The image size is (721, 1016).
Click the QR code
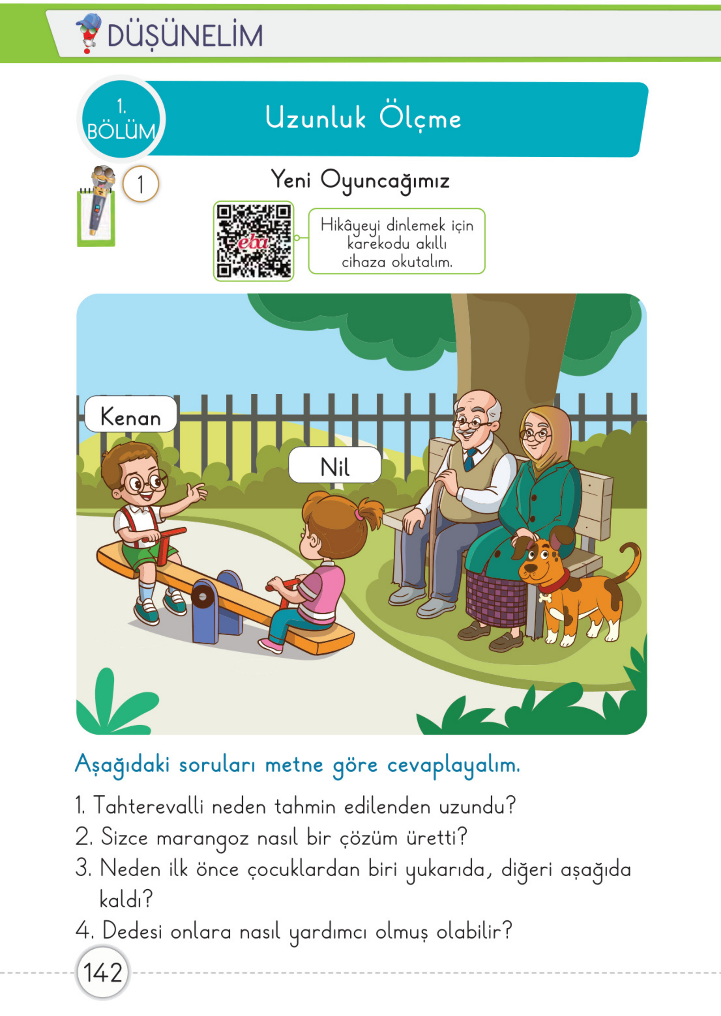pyautogui.click(x=253, y=241)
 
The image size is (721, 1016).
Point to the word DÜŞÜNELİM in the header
pyautogui.click(x=185, y=36)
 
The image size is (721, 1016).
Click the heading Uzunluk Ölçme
pyautogui.click(x=363, y=119)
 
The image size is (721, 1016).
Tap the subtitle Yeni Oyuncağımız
pyautogui.click(x=360, y=180)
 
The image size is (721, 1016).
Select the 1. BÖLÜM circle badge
pyautogui.click(x=121, y=119)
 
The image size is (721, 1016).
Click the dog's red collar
pyautogui.click(x=555, y=581)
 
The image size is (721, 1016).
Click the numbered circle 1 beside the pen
pyautogui.click(x=140, y=184)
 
